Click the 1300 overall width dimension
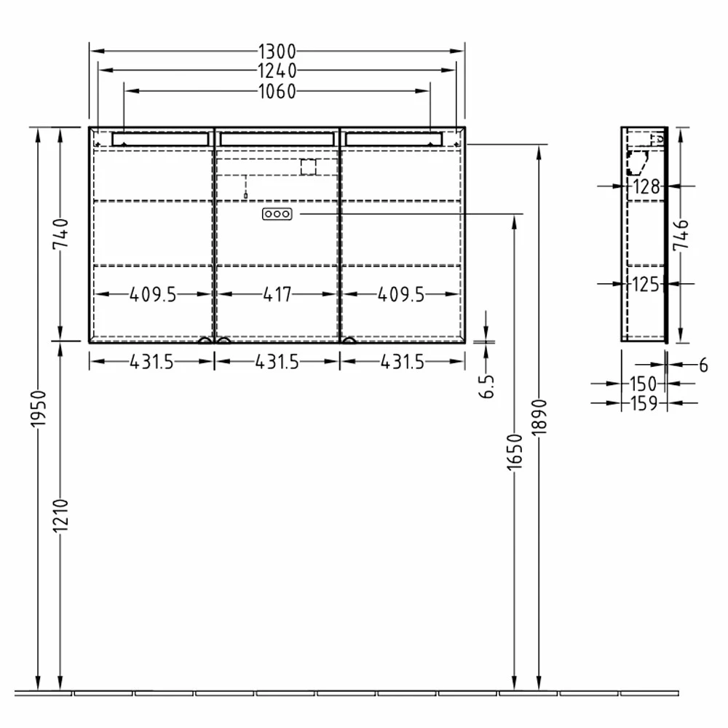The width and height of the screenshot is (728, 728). (x=277, y=52)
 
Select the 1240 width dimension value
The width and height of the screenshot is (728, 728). (x=277, y=71)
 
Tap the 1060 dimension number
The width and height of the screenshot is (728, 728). (x=277, y=91)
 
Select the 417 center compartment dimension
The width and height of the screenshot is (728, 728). (x=277, y=294)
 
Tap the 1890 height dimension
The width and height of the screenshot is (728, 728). (x=538, y=419)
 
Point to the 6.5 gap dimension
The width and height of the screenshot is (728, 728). (x=487, y=386)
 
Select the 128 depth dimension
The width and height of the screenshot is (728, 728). (x=646, y=187)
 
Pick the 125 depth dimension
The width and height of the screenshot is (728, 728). (x=646, y=285)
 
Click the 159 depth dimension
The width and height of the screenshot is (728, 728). (x=644, y=403)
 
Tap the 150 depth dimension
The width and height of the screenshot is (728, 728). (x=644, y=384)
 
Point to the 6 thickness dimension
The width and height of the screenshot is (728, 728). (x=703, y=365)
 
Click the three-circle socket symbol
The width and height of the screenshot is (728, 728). (x=277, y=214)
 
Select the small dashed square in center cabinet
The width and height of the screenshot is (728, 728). (x=309, y=167)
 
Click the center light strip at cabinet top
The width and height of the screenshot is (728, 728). (x=277, y=138)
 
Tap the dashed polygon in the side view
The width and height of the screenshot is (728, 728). (x=637, y=164)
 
